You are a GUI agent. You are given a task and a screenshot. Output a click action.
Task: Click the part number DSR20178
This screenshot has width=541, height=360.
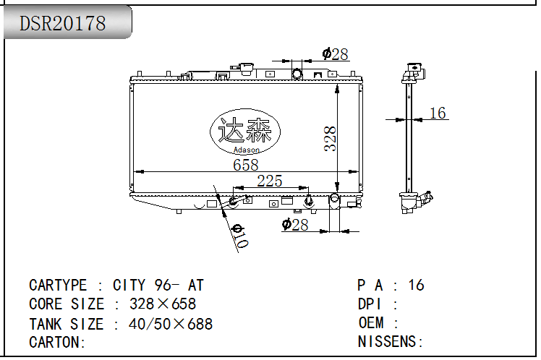pyautogui.click(x=62, y=23)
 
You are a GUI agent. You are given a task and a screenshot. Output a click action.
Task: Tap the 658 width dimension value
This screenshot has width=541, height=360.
pyautogui.click(x=246, y=165)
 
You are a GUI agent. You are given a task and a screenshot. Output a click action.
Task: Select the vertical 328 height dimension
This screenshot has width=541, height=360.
pyautogui.click(x=331, y=139)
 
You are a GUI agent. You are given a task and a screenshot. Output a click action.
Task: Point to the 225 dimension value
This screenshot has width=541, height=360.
pyautogui.click(x=270, y=181)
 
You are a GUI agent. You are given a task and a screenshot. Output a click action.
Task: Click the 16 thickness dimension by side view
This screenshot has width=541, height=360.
pyautogui.click(x=438, y=113)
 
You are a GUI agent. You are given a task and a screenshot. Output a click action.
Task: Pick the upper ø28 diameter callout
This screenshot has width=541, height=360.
pyautogui.click(x=335, y=54)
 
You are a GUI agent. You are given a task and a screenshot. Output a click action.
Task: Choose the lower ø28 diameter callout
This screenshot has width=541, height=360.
pyautogui.click(x=295, y=225)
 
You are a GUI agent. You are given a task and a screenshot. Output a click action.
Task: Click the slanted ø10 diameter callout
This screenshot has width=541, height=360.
pyautogui.click(x=239, y=236)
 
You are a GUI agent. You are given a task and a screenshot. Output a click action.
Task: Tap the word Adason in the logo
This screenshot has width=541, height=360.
pyautogui.click(x=247, y=150)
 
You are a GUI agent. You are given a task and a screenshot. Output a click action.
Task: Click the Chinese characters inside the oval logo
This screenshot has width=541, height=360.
pyautogui.click(x=245, y=130)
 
